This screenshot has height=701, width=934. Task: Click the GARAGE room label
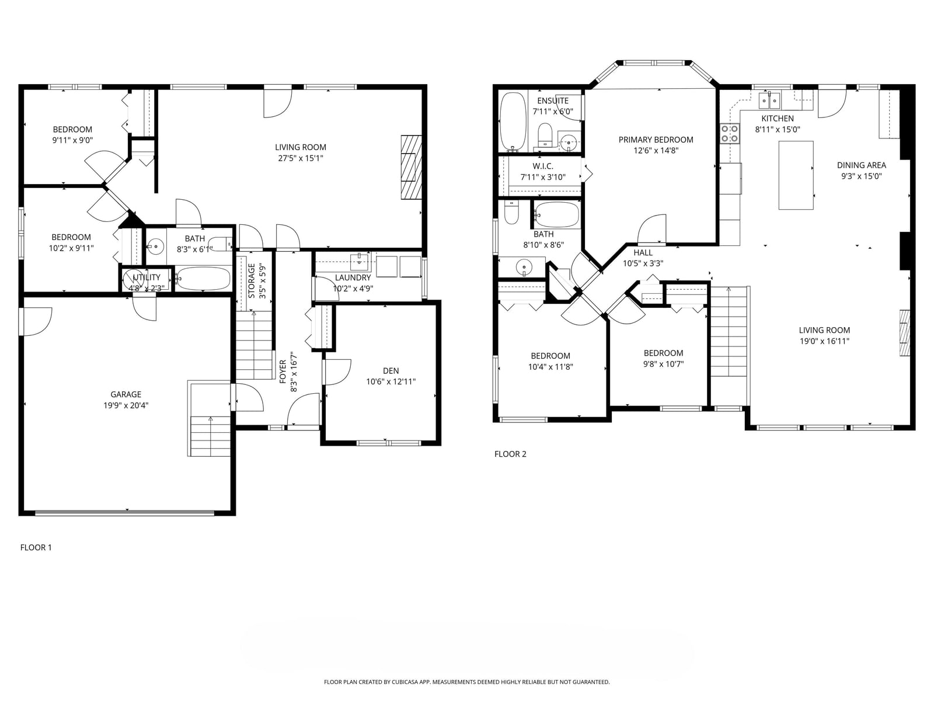[126, 394]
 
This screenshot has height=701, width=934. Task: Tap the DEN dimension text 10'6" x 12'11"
[391, 382]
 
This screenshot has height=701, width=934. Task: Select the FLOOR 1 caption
[36, 547]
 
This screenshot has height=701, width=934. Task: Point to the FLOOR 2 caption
[510, 454]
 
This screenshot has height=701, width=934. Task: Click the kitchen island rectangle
[796, 175]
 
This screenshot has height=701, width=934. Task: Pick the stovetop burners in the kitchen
[729, 133]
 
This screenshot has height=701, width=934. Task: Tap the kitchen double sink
[770, 101]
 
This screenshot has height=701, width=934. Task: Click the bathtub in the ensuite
[513, 122]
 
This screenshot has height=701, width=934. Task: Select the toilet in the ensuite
[545, 135]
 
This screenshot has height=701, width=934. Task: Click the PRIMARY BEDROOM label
[656, 140]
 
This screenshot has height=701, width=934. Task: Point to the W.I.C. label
[543, 166]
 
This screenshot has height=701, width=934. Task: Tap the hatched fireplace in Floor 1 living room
[411, 167]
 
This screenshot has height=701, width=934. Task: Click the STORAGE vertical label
[252, 281]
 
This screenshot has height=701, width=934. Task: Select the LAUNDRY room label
[353, 277]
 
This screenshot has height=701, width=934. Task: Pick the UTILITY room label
[147, 277]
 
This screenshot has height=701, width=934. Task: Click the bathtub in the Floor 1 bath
[203, 279]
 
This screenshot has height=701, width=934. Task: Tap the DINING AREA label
[861, 165]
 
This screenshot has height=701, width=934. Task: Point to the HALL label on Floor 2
[643, 252]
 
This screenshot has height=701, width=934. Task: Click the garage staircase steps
[210, 436]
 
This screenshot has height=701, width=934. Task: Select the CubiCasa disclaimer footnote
[467, 682]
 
